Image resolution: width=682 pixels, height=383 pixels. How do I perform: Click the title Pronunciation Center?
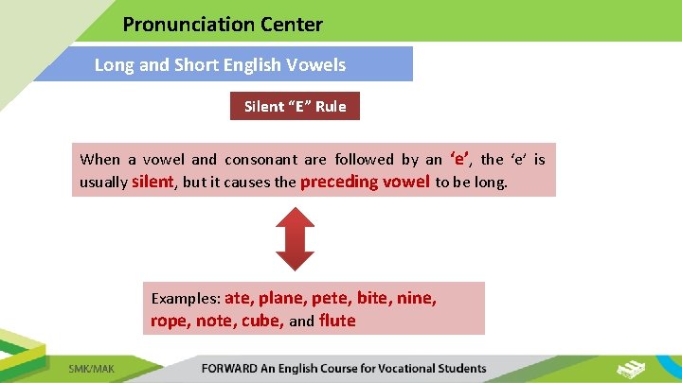tap(223, 25)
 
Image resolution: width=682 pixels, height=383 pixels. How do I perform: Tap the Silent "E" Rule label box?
tap(296, 106)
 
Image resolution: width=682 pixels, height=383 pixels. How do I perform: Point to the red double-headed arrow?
tap(294, 238)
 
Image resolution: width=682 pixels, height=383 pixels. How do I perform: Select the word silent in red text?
tap(153, 182)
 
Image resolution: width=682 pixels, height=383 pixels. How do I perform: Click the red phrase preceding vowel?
tap(365, 182)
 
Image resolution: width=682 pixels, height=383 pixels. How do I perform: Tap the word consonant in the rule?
tap(260, 160)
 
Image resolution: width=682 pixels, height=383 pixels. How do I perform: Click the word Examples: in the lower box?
tap(186, 299)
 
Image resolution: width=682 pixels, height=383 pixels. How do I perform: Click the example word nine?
tap(417, 299)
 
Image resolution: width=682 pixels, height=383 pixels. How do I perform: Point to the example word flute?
tap(337, 321)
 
